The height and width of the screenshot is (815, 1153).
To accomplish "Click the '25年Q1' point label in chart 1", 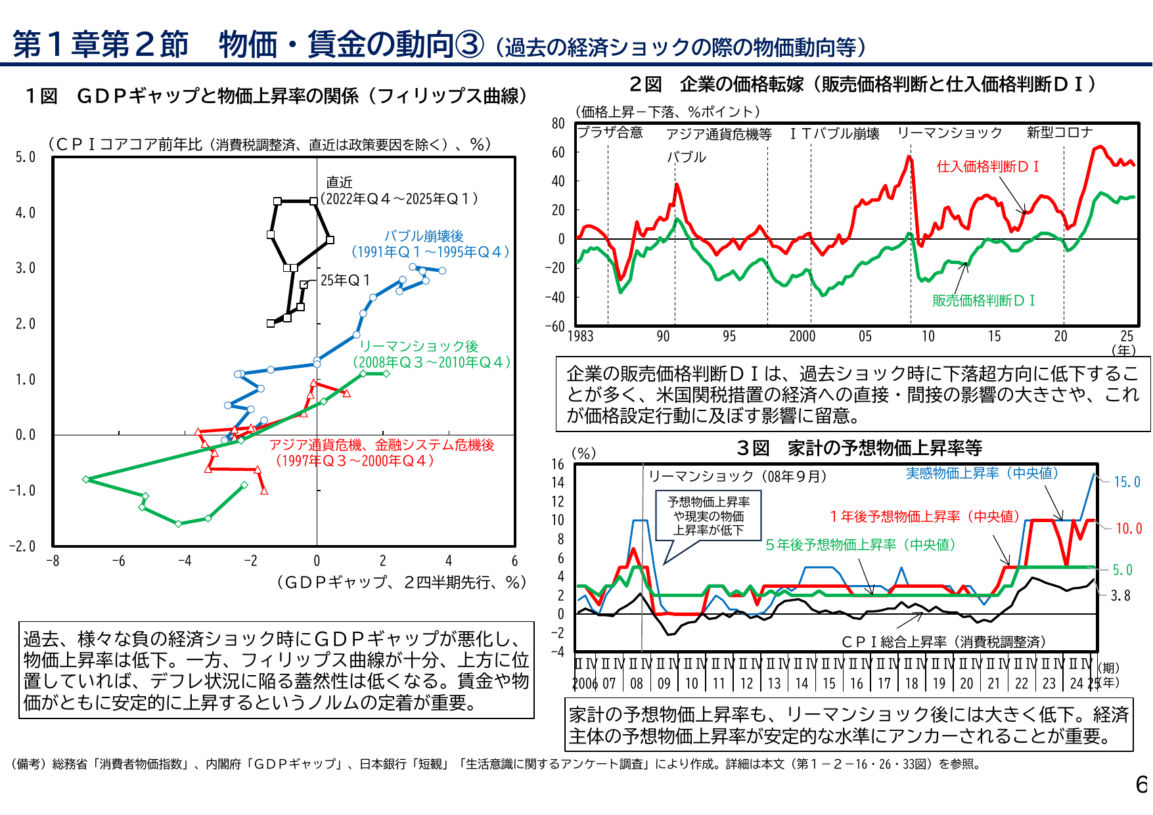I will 345,280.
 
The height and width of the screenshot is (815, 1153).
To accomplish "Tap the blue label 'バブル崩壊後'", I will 424,236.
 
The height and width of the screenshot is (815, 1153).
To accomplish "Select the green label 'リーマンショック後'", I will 418,346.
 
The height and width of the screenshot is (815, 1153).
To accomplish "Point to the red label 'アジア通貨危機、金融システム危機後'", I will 382,445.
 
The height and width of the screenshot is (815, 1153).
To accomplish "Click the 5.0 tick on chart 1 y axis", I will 26,157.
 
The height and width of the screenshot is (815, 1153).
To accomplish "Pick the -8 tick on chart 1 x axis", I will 53,561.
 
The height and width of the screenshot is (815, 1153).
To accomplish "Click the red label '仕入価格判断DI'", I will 987,167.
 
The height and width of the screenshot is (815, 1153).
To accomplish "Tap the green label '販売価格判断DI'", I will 983,301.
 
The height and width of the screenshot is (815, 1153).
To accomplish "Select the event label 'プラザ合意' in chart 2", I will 610,133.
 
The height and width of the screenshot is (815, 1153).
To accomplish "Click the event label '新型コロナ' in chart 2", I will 1059,133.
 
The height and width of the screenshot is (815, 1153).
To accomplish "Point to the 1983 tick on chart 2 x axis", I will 580,336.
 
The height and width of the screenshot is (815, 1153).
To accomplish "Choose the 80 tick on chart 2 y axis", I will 558,123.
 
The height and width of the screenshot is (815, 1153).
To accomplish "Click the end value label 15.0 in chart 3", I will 1127,482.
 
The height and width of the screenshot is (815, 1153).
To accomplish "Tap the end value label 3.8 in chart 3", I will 1121,596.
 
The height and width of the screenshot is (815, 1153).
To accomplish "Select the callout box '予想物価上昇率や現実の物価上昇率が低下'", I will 708,516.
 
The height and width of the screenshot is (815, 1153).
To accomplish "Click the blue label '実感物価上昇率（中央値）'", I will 982,473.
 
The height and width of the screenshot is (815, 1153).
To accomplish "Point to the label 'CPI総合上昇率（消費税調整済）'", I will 943,642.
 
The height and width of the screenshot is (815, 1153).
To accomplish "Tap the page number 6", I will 1142,784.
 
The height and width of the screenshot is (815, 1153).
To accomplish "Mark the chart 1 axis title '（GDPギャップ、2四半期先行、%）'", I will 402,583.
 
